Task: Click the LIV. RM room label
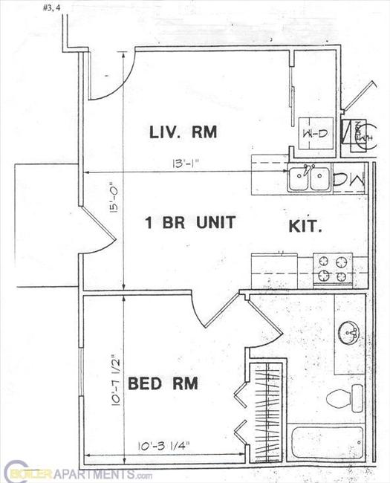[x=182, y=133]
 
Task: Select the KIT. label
[x=305, y=227]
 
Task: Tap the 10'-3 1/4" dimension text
[x=164, y=445]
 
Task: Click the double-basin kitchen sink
[x=310, y=178]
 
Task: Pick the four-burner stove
[x=333, y=269]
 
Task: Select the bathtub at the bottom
[x=326, y=442]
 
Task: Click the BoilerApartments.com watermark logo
[x=71, y=473]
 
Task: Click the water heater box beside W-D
[x=354, y=133]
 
